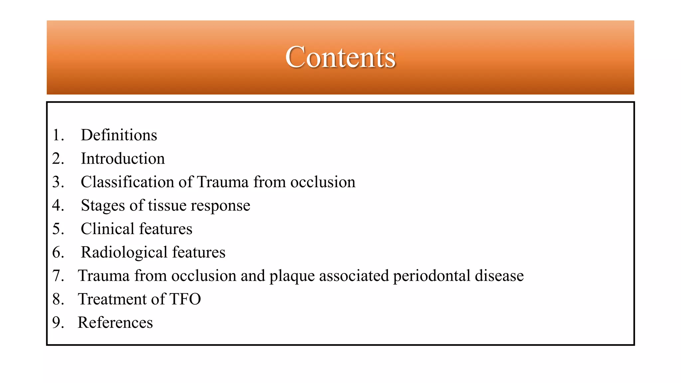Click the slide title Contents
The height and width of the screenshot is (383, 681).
[x=340, y=57]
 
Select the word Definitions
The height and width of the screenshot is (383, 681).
[x=119, y=135]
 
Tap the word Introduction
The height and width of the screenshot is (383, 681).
[x=123, y=159]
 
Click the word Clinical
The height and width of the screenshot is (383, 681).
[x=107, y=229]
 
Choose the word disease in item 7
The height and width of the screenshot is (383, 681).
[x=499, y=276]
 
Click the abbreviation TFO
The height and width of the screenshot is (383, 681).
[x=185, y=299]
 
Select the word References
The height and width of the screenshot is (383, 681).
[x=115, y=322]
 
